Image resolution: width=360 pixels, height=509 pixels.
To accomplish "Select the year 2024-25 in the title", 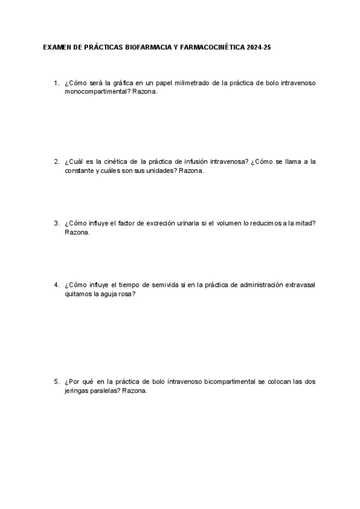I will [x=258, y=46].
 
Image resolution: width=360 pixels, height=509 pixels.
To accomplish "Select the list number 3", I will [x=56, y=223].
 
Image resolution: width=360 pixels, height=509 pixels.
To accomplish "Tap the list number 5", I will [x=56, y=381].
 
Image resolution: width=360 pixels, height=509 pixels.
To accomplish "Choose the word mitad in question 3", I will [x=305, y=223].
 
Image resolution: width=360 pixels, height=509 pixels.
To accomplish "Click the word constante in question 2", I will [x=79, y=170].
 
